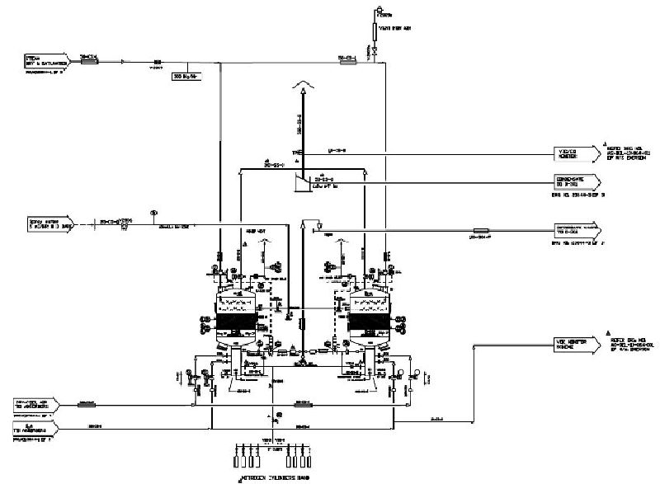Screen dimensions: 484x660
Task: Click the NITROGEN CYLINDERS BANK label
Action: pyautogui.click(x=271, y=477)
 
